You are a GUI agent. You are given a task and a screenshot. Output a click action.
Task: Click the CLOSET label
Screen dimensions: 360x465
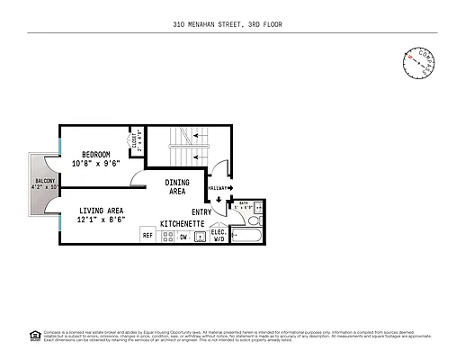(x=133, y=142)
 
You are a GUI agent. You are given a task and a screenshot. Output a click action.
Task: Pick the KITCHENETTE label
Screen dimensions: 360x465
(x=183, y=222)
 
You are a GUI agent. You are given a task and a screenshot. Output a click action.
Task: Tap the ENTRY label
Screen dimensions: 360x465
(x=201, y=211)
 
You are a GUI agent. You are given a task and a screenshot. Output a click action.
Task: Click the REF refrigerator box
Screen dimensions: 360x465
(x=148, y=236)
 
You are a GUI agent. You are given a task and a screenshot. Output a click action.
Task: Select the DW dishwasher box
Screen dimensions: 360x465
(x=183, y=236)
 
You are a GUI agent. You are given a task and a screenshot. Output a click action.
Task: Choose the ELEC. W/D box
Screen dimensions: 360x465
(x=217, y=235)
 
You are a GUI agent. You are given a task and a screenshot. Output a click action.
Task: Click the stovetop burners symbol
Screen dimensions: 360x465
(x=165, y=236)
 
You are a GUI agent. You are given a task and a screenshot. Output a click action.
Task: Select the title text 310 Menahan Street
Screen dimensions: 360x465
(x=232, y=24)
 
